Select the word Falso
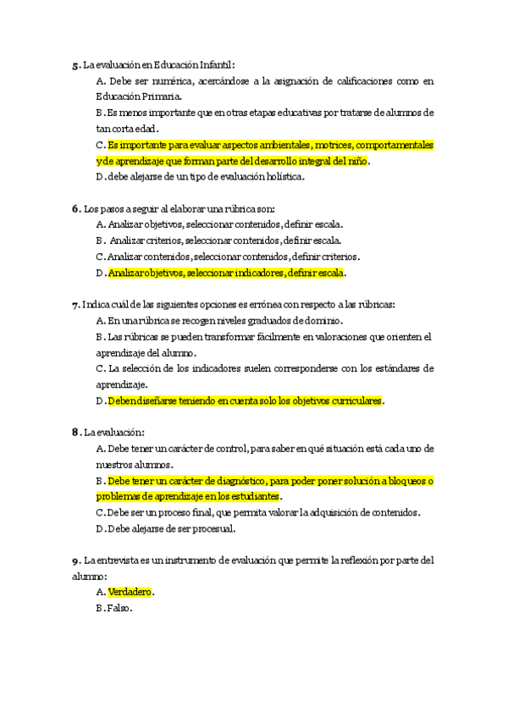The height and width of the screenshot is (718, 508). coord(119,609)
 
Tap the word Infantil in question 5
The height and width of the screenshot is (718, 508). coord(215,64)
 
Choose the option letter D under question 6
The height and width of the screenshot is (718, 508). coord(101,273)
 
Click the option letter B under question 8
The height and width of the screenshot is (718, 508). coord(100,481)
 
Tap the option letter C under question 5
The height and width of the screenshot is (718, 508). coord(100,145)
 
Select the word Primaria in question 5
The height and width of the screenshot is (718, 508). coord(160,97)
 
